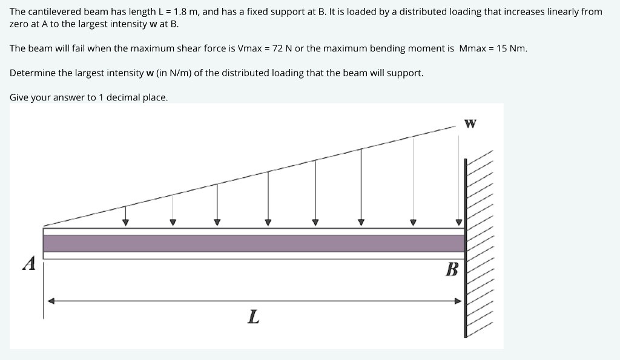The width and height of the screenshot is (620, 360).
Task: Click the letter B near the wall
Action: (451, 269)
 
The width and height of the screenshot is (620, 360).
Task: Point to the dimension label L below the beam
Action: (254, 316)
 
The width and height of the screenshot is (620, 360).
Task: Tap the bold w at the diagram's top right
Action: (470, 124)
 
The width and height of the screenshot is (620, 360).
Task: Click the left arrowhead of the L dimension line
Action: (52, 301)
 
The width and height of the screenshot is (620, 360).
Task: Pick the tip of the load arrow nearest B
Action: (458, 223)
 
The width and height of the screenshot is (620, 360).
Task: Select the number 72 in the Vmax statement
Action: (279, 48)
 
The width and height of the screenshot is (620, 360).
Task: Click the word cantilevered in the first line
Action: (54, 11)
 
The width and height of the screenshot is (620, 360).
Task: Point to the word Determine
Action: (33, 73)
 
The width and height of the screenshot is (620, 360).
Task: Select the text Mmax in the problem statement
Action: (473, 48)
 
